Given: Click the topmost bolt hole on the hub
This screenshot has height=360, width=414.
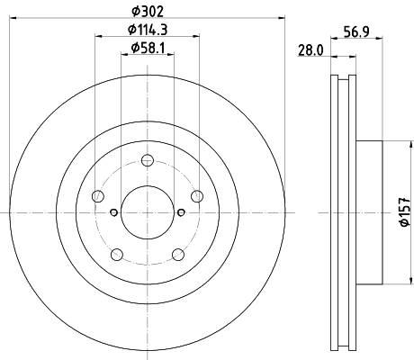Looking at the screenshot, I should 147,161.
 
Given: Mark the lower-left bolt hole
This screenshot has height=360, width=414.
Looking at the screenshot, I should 116,255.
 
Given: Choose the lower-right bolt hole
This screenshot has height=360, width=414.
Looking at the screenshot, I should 177,255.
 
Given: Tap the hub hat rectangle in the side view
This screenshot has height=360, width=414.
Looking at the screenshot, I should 369,212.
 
